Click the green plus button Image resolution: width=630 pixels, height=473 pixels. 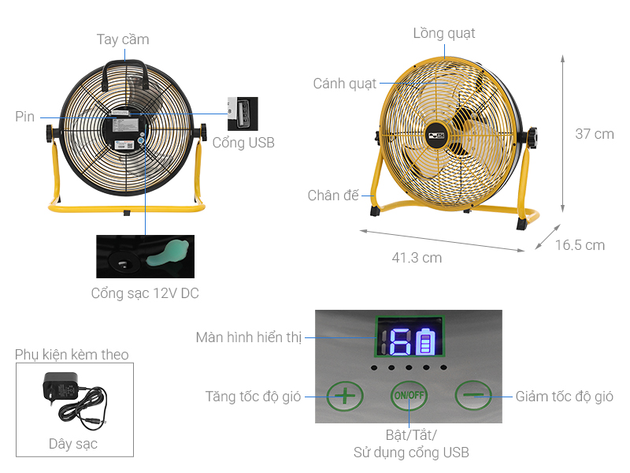[x=345, y=397]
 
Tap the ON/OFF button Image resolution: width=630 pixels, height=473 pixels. [x=409, y=396]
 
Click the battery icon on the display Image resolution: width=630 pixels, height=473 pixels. [x=426, y=341]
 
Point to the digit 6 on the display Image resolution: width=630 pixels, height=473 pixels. [x=400, y=341]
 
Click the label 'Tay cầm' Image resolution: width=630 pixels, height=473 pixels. [x=123, y=39]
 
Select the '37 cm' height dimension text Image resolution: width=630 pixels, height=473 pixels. [x=595, y=133]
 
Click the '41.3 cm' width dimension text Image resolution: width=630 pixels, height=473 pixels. [x=417, y=258]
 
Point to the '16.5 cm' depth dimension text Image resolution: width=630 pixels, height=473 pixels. [x=580, y=245]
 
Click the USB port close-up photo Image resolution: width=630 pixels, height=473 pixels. [x=243, y=114]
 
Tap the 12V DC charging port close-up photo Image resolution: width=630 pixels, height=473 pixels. [x=145, y=257]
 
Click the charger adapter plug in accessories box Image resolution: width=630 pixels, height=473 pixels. [x=61, y=387]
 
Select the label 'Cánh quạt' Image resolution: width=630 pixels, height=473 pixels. [x=345, y=84]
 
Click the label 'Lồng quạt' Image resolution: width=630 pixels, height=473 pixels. [x=444, y=33]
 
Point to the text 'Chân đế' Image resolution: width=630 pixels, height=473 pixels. [x=333, y=195]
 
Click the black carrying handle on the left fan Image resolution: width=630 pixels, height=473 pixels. [x=124, y=73]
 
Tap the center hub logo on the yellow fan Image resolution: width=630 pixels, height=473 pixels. [x=435, y=136]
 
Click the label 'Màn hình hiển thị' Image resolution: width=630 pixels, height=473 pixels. [x=249, y=337]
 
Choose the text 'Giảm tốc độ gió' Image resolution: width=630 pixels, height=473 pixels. [x=564, y=397]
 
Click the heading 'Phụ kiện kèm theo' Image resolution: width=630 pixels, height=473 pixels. [x=72, y=354]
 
